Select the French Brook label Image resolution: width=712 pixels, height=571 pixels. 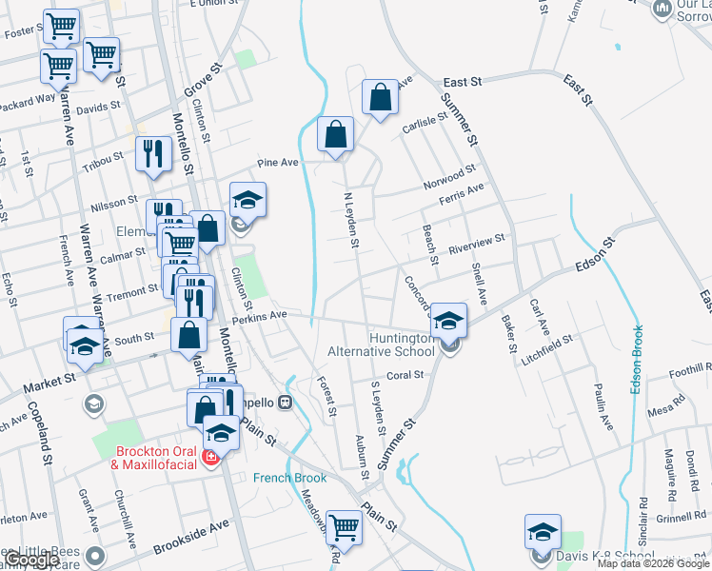[289, 478]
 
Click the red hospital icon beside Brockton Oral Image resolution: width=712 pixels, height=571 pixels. [211, 458]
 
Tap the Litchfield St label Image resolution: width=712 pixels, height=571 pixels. [545, 345]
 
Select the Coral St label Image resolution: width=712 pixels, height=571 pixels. [405, 376]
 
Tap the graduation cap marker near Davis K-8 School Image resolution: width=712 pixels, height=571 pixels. [543, 531]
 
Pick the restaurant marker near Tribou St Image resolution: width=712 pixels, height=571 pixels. [152, 153]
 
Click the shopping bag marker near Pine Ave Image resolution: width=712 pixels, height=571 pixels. [335, 135]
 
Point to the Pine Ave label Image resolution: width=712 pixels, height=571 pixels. [277, 163]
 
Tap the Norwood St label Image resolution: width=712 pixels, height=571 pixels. [450, 176]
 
